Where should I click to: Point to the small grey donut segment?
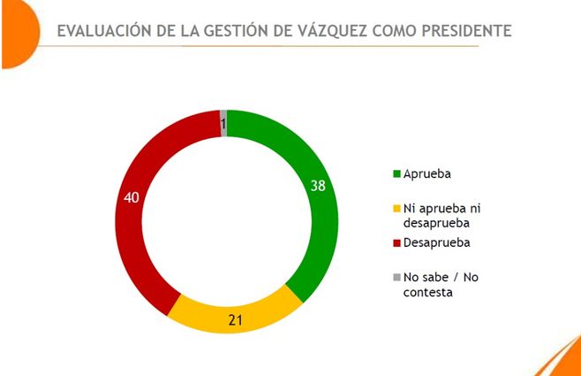pos(223,123)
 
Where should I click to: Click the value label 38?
pos(319,185)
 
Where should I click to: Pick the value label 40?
pos(132,196)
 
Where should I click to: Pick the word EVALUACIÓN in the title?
pos(102,31)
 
